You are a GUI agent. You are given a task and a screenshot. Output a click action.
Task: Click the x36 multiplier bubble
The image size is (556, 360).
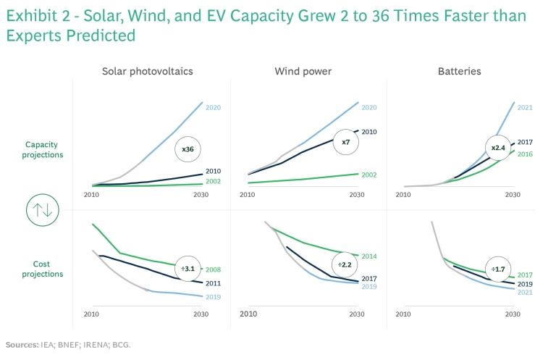pyautogui.click(x=188, y=149)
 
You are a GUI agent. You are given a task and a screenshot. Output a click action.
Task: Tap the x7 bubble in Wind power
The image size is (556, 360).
pyautogui.click(x=346, y=142)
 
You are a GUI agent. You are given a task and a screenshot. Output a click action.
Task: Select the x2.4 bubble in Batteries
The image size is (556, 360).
pyautogui.click(x=498, y=148)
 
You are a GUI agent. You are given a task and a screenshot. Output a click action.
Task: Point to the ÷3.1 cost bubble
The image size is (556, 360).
pyautogui.click(x=188, y=269)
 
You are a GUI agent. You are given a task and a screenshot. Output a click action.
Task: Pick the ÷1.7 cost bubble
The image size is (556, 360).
pyautogui.click(x=498, y=269)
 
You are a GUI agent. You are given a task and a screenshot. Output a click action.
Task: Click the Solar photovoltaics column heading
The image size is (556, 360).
pyautogui.click(x=147, y=72)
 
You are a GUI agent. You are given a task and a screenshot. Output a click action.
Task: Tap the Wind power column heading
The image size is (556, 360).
pyautogui.click(x=303, y=72)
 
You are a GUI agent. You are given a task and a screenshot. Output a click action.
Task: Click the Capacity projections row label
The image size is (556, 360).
pyautogui.click(x=44, y=149)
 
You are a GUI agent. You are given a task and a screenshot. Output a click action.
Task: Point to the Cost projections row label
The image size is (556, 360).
pyautogui.click(x=44, y=269)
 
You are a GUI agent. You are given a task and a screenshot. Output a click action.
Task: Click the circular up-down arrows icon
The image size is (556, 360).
pyautogui.click(x=40, y=210)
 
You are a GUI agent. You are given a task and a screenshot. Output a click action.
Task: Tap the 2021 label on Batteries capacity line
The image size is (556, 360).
pyautogui.click(x=526, y=108)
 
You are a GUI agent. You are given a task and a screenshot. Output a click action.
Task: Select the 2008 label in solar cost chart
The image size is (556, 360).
pyautogui.click(x=213, y=270)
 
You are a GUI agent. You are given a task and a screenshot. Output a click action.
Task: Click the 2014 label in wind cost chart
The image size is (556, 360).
pyautogui.click(x=369, y=256)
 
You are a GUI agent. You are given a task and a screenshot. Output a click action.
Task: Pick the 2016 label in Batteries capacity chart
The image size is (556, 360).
pyautogui.click(x=526, y=154)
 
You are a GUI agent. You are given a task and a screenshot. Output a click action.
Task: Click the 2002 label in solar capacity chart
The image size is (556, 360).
pyautogui.click(x=213, y=181)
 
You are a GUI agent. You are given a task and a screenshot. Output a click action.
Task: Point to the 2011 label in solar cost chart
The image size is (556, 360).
pyautogui.click(x=213, y=283)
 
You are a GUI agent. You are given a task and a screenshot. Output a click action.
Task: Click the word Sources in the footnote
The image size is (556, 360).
pyautogui.click(x=24, y=345)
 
